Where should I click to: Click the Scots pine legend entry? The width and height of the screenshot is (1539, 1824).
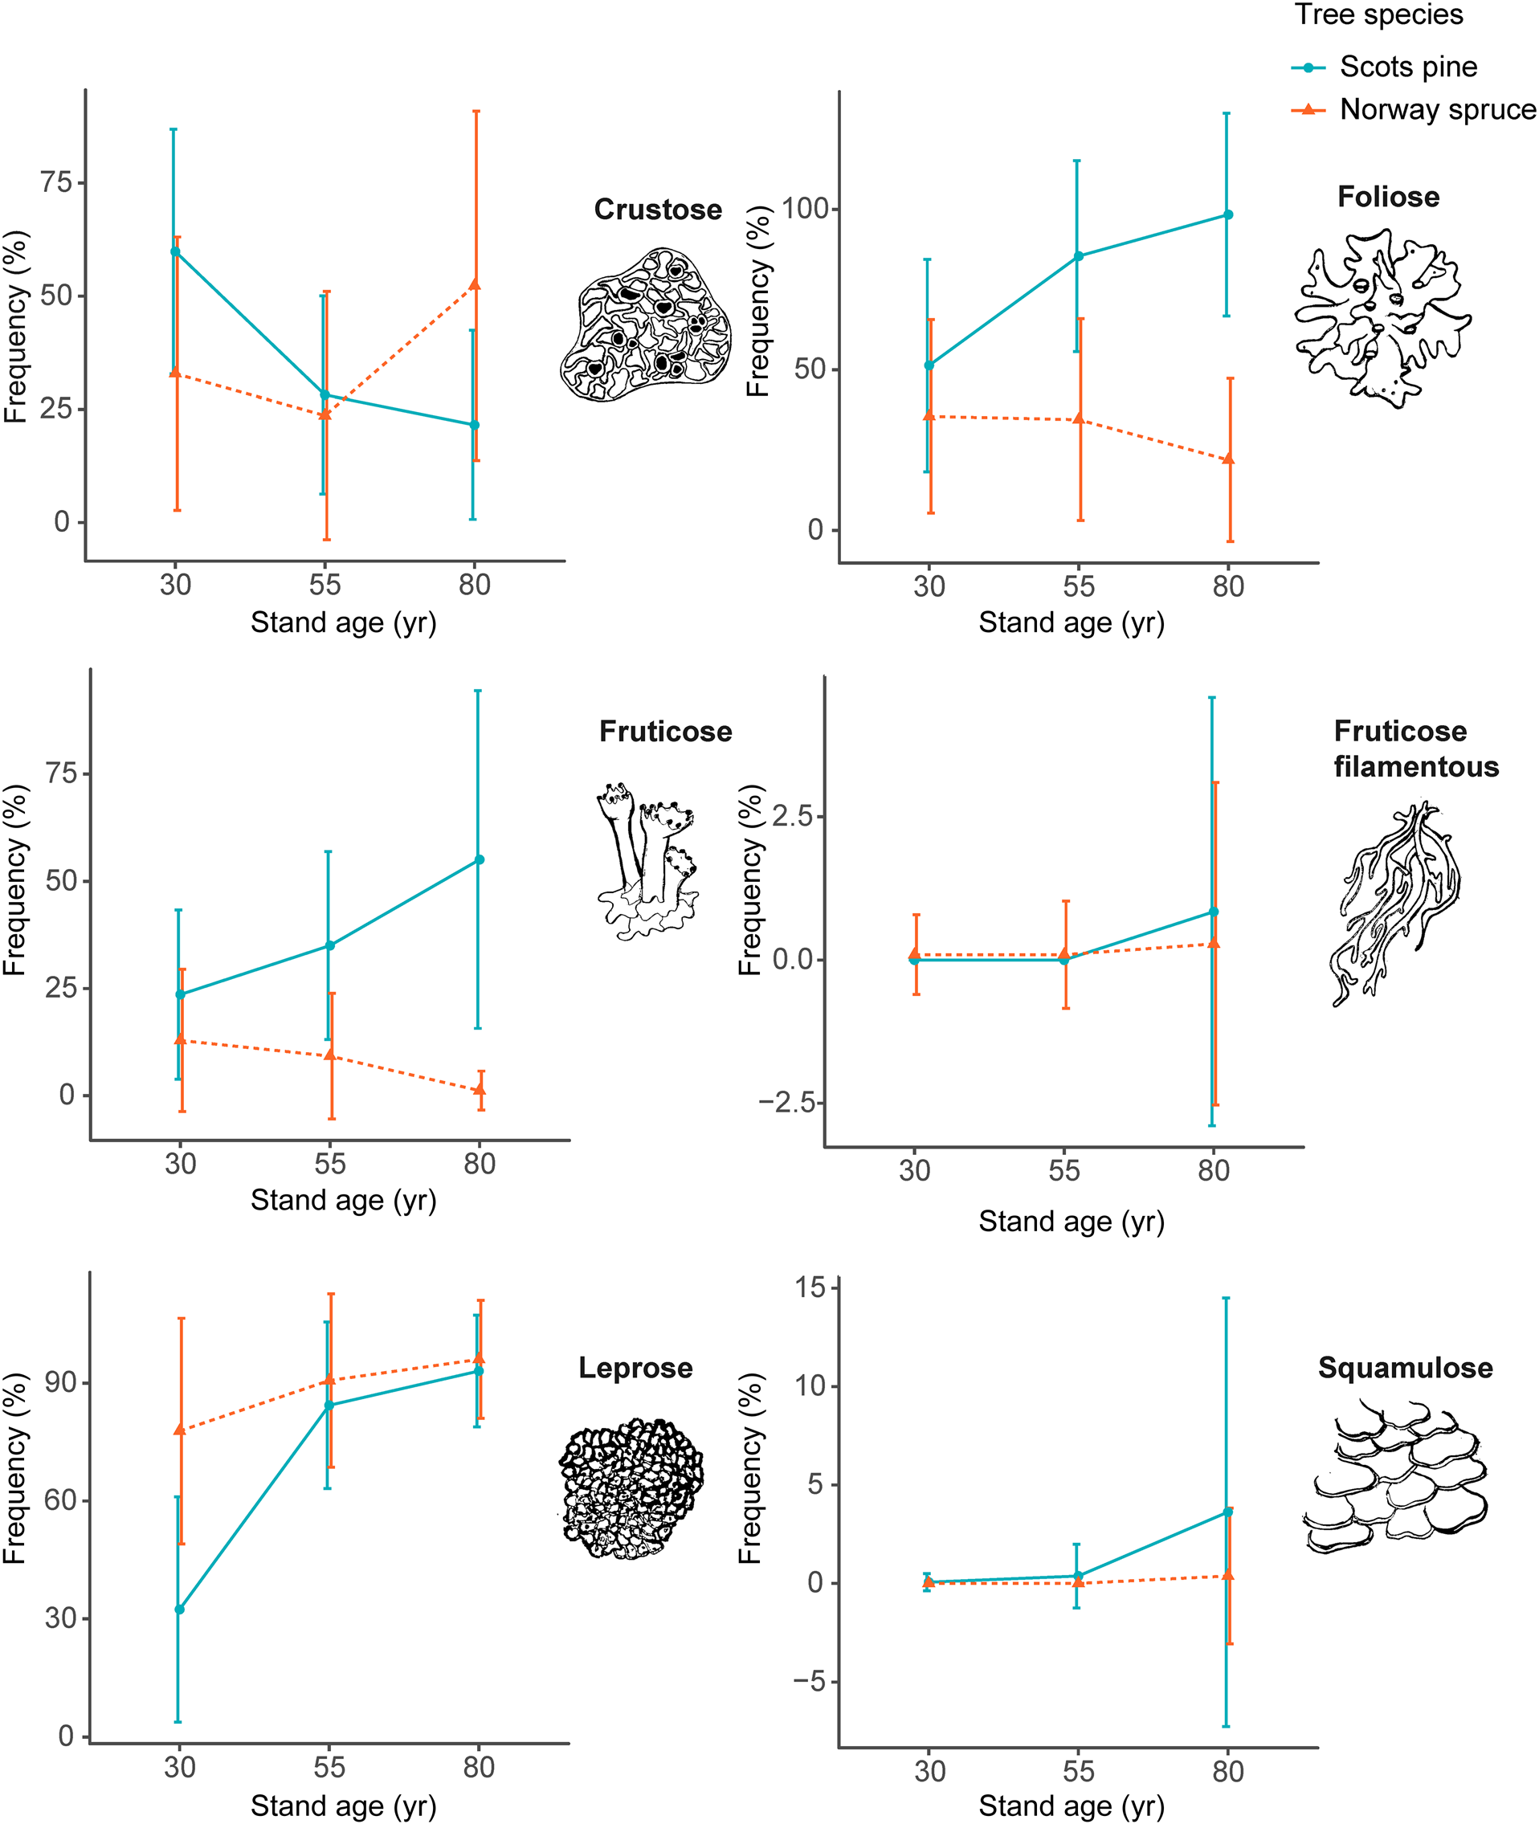tap(1407, 67)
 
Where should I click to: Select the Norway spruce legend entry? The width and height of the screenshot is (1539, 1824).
tap(1436, 110)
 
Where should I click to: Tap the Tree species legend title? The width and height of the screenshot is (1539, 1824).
tap(1378, 14)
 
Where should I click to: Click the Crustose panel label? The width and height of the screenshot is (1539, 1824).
tap(658, 210)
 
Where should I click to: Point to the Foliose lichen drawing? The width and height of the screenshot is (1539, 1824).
tap(1384, 317)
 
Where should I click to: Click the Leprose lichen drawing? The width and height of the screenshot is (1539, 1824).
tap(631, 1489)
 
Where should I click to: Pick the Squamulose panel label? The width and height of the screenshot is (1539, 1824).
tap(1405, 1367)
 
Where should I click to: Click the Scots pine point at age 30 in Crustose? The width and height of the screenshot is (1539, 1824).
tap(175, 251)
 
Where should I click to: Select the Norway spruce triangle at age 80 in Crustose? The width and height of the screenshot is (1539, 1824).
tap(475, 284)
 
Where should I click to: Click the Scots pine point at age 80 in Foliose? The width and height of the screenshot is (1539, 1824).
tap(1227, 214)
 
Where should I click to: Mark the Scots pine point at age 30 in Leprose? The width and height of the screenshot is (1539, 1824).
tap(179, 1609)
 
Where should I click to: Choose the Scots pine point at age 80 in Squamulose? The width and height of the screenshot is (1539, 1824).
tap(1227, 1511)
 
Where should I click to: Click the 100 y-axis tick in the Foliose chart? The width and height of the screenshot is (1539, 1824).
tap(804, 210)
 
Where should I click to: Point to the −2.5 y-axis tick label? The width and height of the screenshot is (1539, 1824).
tap(786, 1103)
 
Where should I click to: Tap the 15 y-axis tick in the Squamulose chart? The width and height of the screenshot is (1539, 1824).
tap(810, 1287)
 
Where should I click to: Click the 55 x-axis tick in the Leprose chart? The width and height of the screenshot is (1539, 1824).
tap(329, 1767)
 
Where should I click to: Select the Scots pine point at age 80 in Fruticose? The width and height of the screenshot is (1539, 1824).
tap(479, 859)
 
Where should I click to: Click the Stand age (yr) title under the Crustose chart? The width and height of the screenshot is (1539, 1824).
tap(343, 622)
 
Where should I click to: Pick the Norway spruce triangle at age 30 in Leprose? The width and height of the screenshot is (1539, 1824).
tap(180, 1430)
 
